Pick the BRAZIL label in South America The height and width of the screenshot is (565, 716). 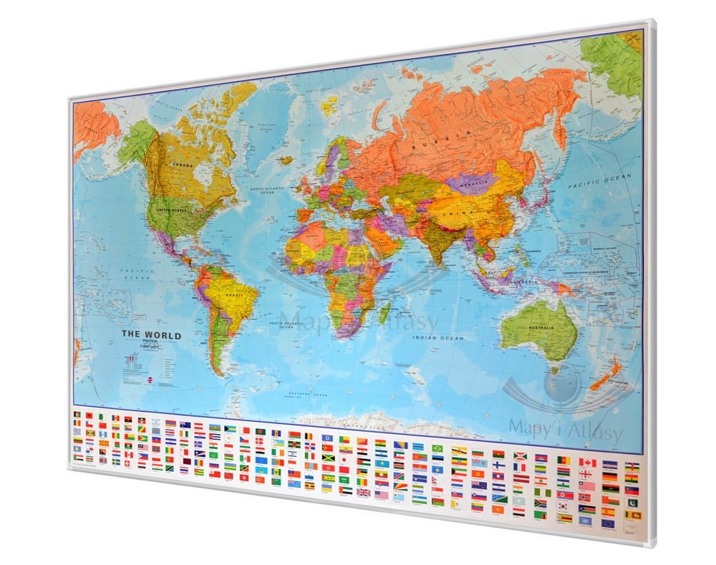(x=235, y=294)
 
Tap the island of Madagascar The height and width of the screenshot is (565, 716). (x=385, y=310)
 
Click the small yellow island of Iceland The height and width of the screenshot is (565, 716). (x=329, y=107)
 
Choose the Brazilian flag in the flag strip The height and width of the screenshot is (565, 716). (x=437, y=448)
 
